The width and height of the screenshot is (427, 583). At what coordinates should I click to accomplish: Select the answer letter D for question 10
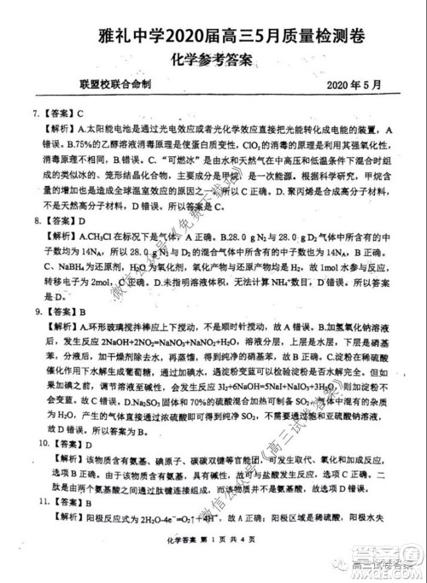pyautogui.click(x=87, y=444)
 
